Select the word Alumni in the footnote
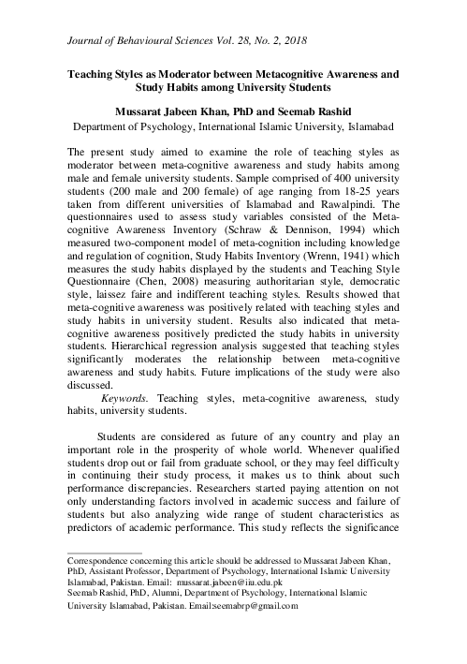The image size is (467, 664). coord(164,593)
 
